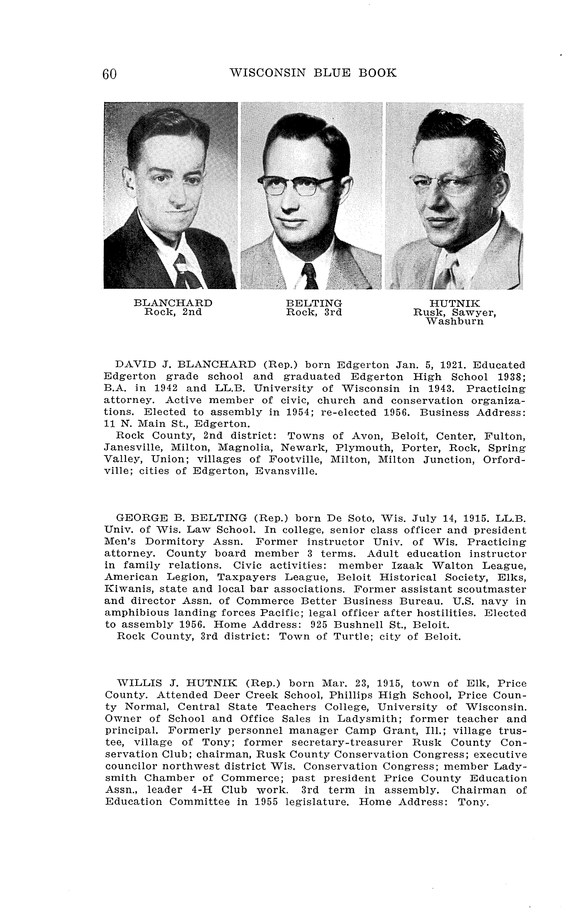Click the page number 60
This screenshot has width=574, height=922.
(109, 74)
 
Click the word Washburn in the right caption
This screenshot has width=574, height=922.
(455, 321)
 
